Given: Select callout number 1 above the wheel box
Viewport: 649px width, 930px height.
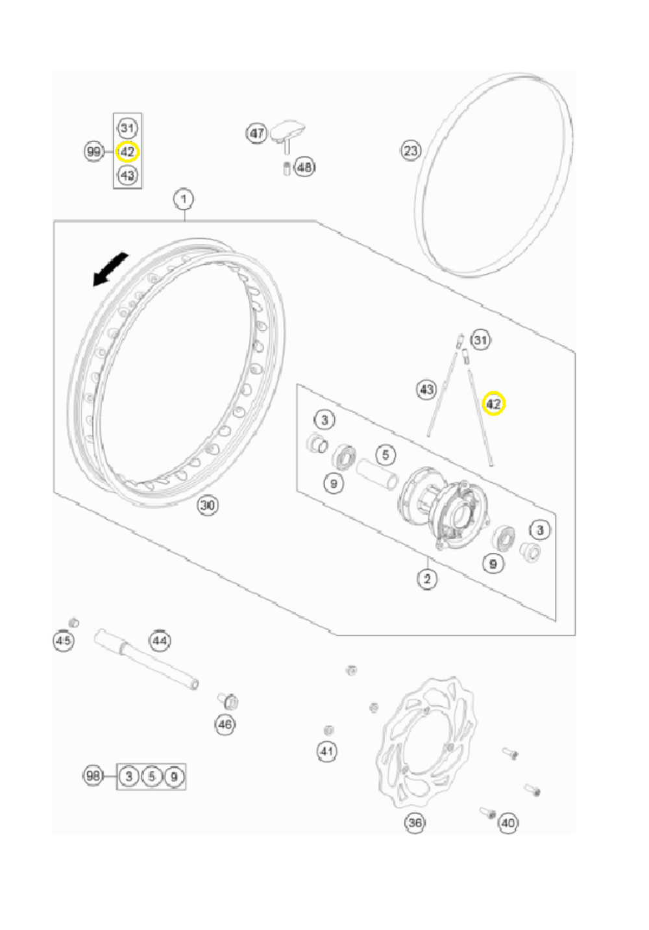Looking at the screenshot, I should point(184,199).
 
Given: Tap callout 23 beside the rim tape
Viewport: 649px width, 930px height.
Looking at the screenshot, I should point(410,151).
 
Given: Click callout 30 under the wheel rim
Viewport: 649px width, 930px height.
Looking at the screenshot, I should point(208,505).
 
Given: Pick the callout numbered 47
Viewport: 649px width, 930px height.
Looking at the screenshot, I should point(257,133).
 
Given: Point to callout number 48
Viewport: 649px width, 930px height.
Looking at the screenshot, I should point(304,167).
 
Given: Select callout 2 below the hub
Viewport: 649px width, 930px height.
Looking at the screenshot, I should point(426,578).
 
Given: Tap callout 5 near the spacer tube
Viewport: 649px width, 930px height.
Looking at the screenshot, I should point(386,455).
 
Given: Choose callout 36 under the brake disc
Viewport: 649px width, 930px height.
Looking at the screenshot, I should point(415,823).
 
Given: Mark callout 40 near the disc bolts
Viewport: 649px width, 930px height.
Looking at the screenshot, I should point(508,823).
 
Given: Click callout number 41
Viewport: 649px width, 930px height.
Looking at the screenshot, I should point(326,752).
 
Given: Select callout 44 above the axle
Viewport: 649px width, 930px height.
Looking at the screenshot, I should point(160,641).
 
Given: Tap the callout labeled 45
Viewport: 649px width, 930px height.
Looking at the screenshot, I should point(63,641).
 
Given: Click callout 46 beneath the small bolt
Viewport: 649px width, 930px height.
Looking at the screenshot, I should point(225,724).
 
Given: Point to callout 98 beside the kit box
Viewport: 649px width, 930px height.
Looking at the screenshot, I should point(93,776).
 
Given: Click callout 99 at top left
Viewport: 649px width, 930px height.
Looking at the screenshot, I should point(94,151).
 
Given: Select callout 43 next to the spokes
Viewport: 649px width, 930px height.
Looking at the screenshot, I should point(426,389).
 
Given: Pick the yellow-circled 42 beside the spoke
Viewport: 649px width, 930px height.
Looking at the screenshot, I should point(493,404).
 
